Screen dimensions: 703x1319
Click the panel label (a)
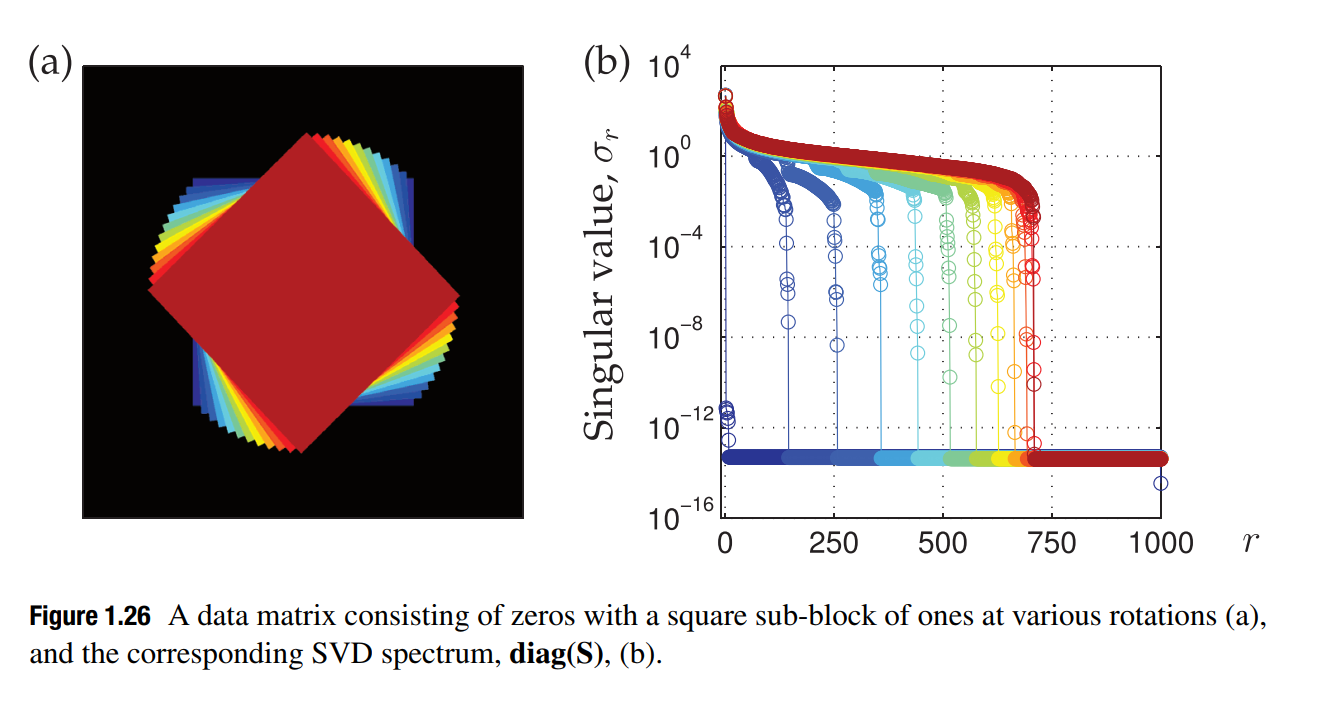click(x=51, y=64)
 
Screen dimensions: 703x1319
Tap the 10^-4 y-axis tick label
click(x=674, y=248)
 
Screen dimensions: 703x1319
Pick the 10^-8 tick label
click(x=674, y=338)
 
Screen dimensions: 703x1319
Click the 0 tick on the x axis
click(x=723, y=543)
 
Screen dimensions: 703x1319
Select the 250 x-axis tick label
click(x=833, y=543)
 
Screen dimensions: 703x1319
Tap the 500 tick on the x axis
click(x=942, y=543)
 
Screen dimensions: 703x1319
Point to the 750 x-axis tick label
click(x=1051, y=543)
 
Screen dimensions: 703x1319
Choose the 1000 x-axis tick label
click(x=1160, y=543)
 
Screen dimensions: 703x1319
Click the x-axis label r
click(x=1250, y=543)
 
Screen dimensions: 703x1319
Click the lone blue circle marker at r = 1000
click(x=1160, y=483)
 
